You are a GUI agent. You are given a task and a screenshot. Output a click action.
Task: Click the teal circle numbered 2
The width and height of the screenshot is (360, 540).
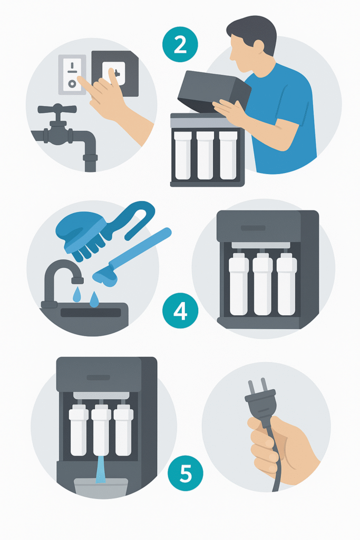point(180,44)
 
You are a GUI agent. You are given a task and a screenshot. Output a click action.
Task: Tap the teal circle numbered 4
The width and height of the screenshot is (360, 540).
point(180,311)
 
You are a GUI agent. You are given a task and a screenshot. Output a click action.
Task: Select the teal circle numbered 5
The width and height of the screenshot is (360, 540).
point(185,474)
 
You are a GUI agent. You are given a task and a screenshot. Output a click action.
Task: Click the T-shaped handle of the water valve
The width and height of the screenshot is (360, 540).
point(57,110)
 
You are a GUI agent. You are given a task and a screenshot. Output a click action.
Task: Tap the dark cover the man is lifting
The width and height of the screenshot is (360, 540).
point(214,91)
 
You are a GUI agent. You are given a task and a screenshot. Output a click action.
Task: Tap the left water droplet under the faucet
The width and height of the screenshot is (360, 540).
point(77,294)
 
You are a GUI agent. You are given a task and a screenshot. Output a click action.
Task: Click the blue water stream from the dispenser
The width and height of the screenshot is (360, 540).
point(101,469)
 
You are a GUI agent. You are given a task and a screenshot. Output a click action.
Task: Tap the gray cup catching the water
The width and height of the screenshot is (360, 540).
point(101,487)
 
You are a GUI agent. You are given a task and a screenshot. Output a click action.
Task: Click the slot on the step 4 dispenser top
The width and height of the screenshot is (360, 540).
point(253,228)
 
